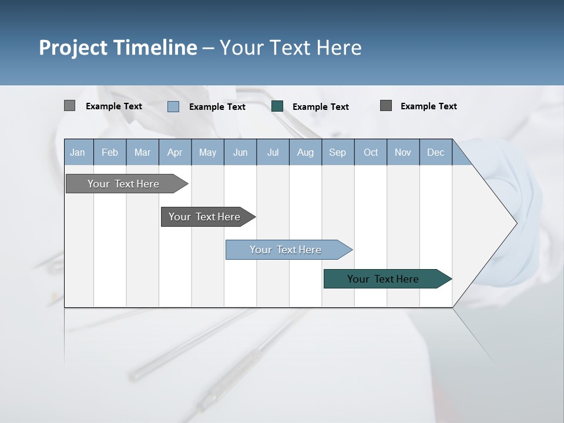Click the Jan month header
point(78,152)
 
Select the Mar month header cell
point(142,152)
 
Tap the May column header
point(207,152)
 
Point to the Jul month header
point(273,152)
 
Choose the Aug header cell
point(305,152)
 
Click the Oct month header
point(371,152)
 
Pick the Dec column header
point(435,152)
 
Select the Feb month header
point(110,152)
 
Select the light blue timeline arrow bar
point(287,250)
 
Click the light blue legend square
point(173,106)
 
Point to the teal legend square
point(277,106)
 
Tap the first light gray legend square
point(69,106)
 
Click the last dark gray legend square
point(385,106)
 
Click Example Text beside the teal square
point(320,107)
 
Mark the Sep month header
point(337,152)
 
